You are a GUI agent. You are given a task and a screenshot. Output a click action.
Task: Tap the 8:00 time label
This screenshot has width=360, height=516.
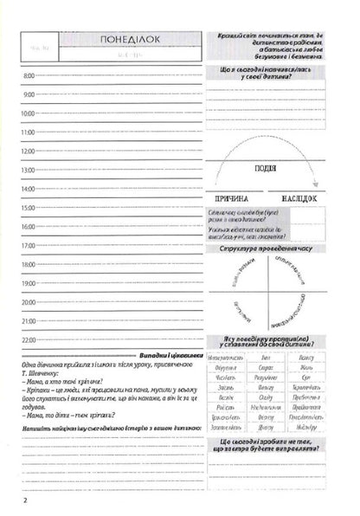28,76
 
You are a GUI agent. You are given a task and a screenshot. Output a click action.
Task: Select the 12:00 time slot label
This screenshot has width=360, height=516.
28,151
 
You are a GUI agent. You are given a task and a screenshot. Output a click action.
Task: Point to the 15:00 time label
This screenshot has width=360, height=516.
28,208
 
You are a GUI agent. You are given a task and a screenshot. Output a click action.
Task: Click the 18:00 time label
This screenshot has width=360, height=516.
28,264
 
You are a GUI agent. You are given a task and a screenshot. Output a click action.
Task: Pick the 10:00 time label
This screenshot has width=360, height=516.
28,113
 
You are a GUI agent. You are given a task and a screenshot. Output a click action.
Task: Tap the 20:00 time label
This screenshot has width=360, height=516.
28,302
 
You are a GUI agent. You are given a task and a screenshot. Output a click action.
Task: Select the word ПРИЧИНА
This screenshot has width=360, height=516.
235,197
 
